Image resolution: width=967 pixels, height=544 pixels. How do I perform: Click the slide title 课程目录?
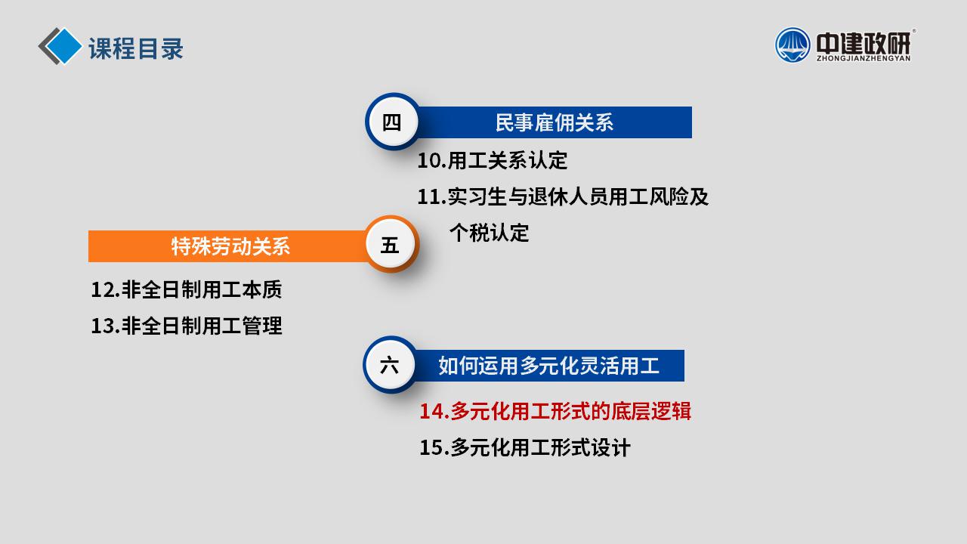coord(136,48)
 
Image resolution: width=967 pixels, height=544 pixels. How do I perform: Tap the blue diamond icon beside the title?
coord(63,46)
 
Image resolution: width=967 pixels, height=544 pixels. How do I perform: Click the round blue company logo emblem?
coord(792,45)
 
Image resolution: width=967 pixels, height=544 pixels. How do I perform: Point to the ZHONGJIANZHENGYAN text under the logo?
coord(864,58)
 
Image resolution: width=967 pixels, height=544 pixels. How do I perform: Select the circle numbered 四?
coord(392,122)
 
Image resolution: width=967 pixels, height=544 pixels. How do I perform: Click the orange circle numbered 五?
coord(390,245)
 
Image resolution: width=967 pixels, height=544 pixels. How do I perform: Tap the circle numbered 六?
coord(389,365)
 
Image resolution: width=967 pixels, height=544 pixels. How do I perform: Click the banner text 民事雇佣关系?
coord(555,122)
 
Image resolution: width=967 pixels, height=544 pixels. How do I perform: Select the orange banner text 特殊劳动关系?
coord(230,246)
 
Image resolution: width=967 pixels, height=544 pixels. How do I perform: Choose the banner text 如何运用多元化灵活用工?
coord(548,366)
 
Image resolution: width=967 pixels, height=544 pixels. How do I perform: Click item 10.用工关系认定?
coord(492,161)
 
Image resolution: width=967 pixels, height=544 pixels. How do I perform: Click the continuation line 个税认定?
coord(489,233)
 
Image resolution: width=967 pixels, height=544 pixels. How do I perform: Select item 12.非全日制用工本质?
coord(187,289)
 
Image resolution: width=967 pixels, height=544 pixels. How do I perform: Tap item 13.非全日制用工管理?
coord(187,326)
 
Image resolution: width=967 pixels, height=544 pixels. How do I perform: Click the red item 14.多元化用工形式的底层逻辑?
coord(555,411)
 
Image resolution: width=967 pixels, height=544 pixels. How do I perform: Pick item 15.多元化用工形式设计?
coord(525,447)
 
